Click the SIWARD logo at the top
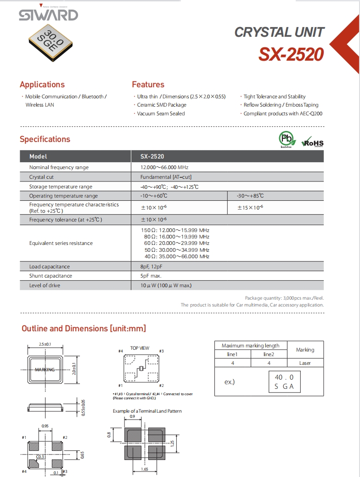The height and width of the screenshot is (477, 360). [48, 15]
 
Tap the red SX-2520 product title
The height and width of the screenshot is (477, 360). [291, 55]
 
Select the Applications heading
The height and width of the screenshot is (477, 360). [42, 85]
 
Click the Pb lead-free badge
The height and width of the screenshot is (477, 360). [286, 139]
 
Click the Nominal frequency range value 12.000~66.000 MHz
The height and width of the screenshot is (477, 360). [164, 167]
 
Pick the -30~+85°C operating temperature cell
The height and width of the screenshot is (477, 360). [250, 196]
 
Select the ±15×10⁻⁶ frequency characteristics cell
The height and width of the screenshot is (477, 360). [250, 208]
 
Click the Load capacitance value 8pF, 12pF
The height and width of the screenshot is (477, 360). [152, 267]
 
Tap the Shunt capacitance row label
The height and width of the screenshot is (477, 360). [51, 276]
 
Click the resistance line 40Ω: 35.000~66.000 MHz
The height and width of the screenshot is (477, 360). [177, 256]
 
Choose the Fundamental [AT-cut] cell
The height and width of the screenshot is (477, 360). [166, 177]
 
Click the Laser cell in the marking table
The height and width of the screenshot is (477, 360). [305, 363]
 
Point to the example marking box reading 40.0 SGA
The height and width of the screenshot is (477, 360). [284, 382]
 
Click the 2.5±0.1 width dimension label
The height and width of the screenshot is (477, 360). [45, 344]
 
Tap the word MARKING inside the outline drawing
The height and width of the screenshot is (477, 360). [45, 369]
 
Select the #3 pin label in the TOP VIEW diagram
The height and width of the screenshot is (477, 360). [162, 351]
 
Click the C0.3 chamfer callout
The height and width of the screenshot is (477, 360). [40, 456]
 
